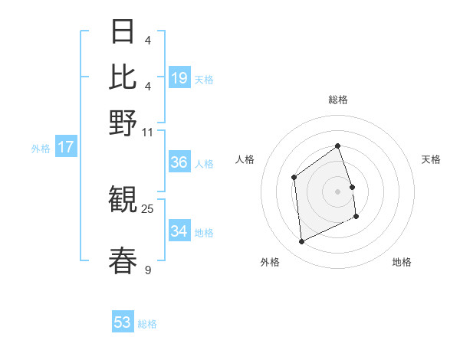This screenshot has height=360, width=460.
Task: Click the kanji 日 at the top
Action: [x=123, y=32]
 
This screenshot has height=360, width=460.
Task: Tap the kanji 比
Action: [x=123, y=77]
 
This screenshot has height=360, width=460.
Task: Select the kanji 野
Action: [x=123, y=123]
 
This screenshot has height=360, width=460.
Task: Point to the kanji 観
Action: [x=123, y=201]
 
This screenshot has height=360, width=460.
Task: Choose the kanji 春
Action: [x=123, y=260]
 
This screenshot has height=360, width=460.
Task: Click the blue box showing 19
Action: [x=179, y=78]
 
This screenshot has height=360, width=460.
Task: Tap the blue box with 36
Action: [x=179, y=162]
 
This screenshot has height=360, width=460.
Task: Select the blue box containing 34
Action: [x=179, y=231]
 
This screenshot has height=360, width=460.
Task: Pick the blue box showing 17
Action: [x=66, y=147]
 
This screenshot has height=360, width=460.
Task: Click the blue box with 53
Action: [x=123, y=322]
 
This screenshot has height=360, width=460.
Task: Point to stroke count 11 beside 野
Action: [x=148, y=132]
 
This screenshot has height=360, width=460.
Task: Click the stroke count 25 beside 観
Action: [x=148, y=208]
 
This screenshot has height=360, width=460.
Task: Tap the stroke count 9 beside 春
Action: [x=148, y=269]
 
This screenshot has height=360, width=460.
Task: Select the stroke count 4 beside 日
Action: [x=148, y=40]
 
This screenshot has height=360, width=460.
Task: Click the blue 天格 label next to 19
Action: [x=204, y=79]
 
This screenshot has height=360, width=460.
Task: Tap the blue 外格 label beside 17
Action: [x=40, y=149]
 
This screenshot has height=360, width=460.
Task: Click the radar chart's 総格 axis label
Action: [x=337, y=100]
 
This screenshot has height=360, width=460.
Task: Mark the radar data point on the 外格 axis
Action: [x=301, y=242]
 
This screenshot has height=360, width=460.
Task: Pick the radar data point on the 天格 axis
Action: [x=352, y=187]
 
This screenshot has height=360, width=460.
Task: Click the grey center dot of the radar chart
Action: [x=337, y=191]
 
